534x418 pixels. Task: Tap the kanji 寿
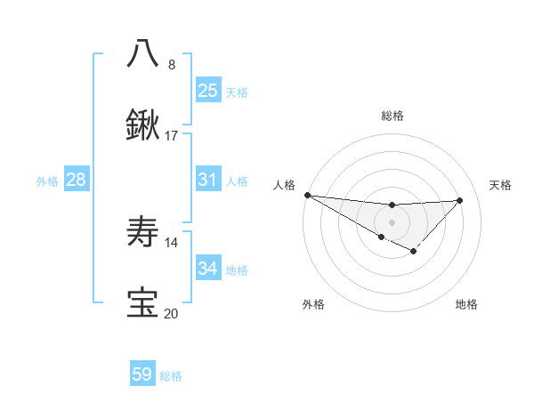click(142, 233)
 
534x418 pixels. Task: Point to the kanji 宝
click(142, 303)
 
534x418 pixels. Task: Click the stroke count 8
click(172, 65)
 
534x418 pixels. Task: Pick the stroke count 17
click(172, 136)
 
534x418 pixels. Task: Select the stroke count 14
click(172, 243)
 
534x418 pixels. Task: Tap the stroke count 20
click(172, 313)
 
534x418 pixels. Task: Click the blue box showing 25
click(207, 91)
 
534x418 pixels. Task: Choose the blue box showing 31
click(207, 180)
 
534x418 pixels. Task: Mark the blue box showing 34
click(207, 269)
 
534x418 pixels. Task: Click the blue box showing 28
click(77, 180)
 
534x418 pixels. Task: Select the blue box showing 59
click(142, 374)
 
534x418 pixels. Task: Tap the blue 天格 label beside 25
click(237, 92)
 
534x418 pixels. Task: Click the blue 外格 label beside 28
click(47, 181)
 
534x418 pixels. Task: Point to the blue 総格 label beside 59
click(171, 376)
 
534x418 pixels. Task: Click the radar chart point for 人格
click(307, 195)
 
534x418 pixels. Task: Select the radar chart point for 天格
click(459, 200)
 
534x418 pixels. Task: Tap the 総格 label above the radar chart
click(392, 116)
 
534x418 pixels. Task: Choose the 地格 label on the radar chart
click(466, 304)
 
